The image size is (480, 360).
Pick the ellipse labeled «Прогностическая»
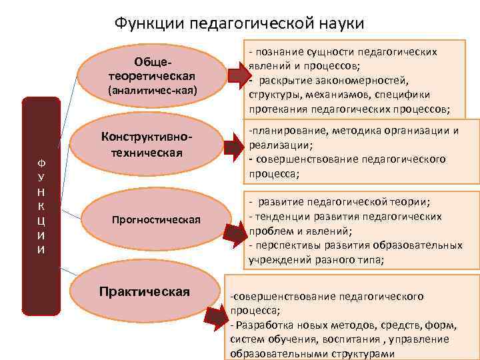(x=156, y=220)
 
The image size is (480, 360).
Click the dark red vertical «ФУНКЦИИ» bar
(x=41, y=206)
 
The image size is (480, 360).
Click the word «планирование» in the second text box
(x=284, y=131)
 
